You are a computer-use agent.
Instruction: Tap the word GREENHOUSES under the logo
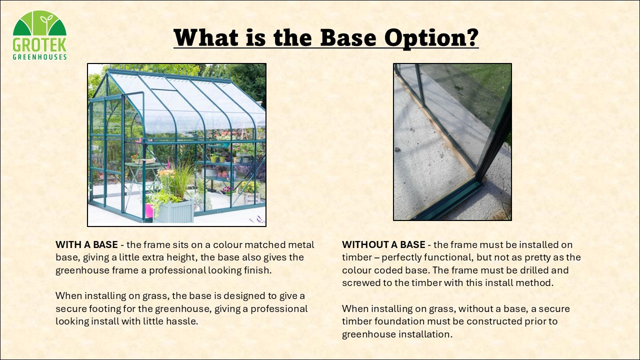(39, 57)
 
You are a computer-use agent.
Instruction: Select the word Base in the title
(348, 37)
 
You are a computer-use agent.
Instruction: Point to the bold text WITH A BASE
(86, 245)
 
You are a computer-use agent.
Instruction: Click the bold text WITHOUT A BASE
(383, 245)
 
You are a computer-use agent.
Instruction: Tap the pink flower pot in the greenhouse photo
(149, 210)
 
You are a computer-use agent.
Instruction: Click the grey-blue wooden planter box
(173, 211)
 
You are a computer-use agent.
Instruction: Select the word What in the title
(206, 37)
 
